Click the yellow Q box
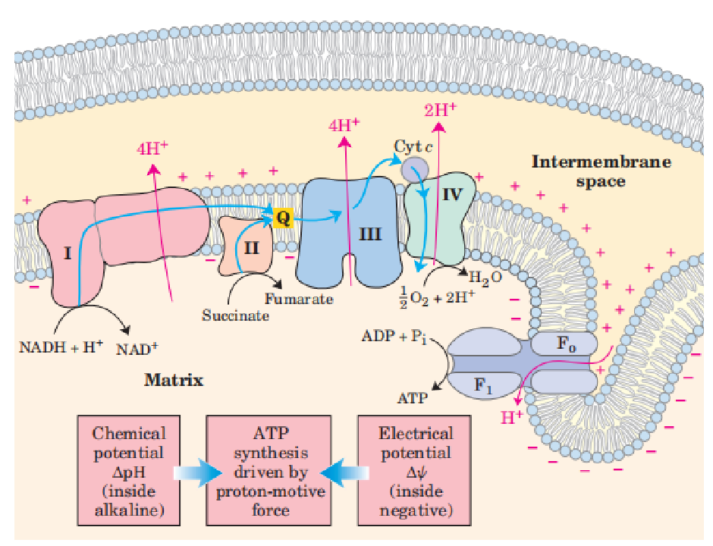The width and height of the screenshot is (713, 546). point(283,218)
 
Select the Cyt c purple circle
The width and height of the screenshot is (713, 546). point(414,169)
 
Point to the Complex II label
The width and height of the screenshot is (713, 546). point(252,246)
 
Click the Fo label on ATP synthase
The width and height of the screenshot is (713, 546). point(566,343)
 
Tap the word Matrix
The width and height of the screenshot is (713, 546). point(174,379)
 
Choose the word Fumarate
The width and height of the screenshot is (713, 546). point(299,299)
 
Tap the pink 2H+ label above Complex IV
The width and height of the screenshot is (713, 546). point(441,109)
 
